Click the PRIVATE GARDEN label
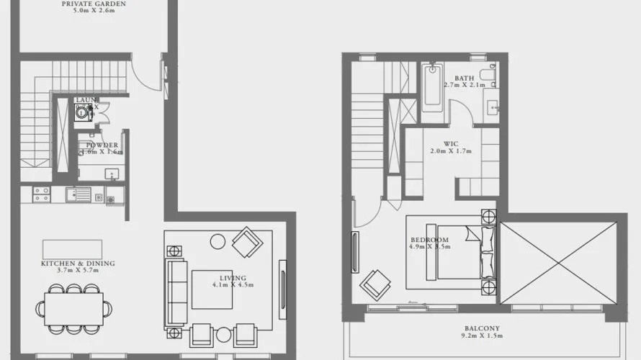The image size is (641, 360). pyautogui.click(x=94, y=4)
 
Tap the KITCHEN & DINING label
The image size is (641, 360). pyautogui.click(x=78, y=264)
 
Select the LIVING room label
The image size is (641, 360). pyautogui.click(x=233, y=278)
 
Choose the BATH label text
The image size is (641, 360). pyautogui.click(x=465, y=78)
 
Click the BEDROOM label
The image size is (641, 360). pyautogui.click(x=429, y=240)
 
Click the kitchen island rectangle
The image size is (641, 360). pyautogui.click(x=72, y=249)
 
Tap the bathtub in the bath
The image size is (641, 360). pyautogui.click(x=434, y=88)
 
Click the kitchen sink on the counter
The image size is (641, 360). pyautogui.click(x=75, y=193)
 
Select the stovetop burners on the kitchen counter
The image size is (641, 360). pyautogui.click(x=41, y=194)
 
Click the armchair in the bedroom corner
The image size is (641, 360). pyautogui.click(x=376, y=283)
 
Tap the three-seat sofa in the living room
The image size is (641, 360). pyautogui.click(x=176, y=291)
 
